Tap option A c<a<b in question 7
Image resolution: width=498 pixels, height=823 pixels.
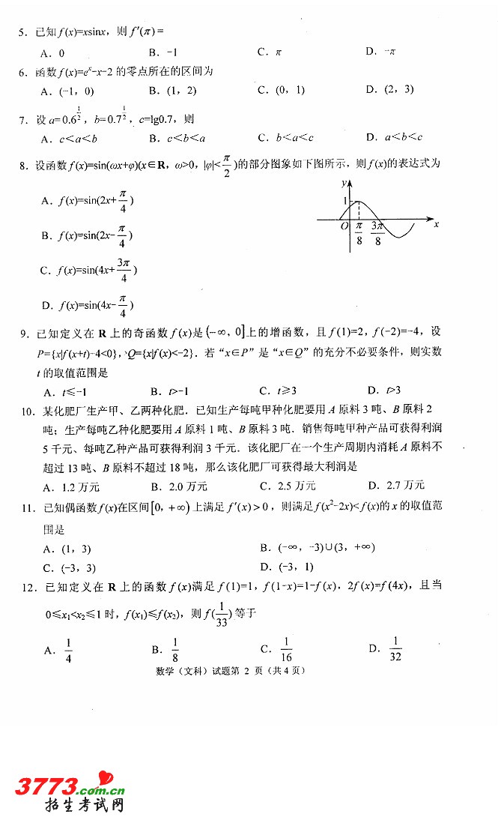coord(72,138)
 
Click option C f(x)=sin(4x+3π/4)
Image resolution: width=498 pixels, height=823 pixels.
coord(88,271)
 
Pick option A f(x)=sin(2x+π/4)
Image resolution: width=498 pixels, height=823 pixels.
coord(87,201)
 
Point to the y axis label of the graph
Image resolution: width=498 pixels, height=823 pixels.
coord(341,182)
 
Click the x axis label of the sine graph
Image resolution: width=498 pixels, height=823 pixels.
coord(436,224)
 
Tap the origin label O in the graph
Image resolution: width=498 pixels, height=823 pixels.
coord(344,226)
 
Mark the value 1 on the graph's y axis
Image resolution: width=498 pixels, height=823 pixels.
coord(345,201)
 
